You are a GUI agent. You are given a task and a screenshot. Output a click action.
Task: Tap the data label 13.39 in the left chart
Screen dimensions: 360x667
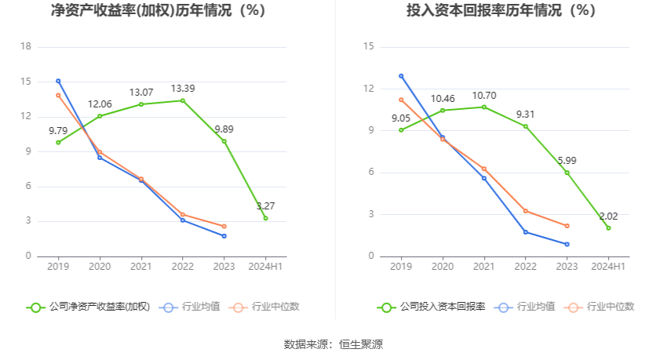pyautogui.click(x=182, y=88)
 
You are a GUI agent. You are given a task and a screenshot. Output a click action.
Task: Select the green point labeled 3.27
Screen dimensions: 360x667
pyautogui.click(x=265, y=218)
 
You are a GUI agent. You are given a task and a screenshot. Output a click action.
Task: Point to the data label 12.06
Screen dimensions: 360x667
pyautogui.click(x=100, y=104)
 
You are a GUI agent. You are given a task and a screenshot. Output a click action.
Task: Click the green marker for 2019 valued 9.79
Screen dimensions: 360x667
pyautogui.click(x=58, y=142)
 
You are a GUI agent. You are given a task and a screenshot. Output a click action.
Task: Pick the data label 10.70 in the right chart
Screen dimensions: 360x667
pyautogui.click(x=484, y=95)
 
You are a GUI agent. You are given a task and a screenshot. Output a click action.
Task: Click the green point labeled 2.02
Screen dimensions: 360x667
pyautogui.click(x=608, y=228)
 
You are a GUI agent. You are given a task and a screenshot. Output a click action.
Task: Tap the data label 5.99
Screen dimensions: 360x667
pyautogui.click(x=567, y=160)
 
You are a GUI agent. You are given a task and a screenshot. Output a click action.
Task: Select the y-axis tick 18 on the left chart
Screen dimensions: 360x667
pyautogui.click(x=26, y=47)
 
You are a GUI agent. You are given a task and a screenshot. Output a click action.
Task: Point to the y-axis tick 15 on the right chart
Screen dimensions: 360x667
pyautogui.click(x=368, y=47)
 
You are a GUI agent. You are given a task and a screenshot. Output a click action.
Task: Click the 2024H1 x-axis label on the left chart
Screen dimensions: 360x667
pyautogui.click(x=265, y=267)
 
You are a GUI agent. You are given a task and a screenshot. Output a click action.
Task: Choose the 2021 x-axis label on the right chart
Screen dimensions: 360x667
pyautogui.click(x=484, y=267)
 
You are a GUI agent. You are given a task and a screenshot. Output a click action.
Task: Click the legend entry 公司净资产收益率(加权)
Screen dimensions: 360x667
pyautogui.click(x=88, y=307)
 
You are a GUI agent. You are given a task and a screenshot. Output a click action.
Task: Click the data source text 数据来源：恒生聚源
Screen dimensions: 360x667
pyautogui.click(x=333, y=344)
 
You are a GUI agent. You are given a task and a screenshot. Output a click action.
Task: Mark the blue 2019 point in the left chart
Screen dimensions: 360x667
pyautogui.click(x=58, y=81)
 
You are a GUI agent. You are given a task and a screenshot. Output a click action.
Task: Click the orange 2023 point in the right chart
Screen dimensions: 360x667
pyautogui.click(x=567, y=226)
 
